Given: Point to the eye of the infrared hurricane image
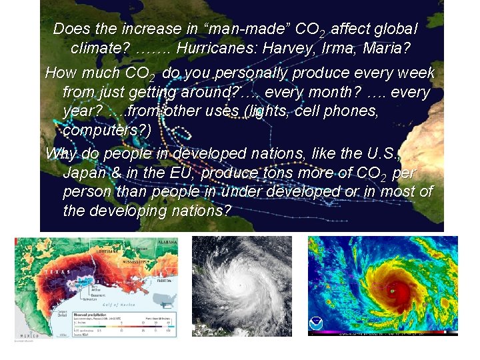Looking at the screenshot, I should [392, 291].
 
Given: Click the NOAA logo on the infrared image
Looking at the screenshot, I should [316, 325].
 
